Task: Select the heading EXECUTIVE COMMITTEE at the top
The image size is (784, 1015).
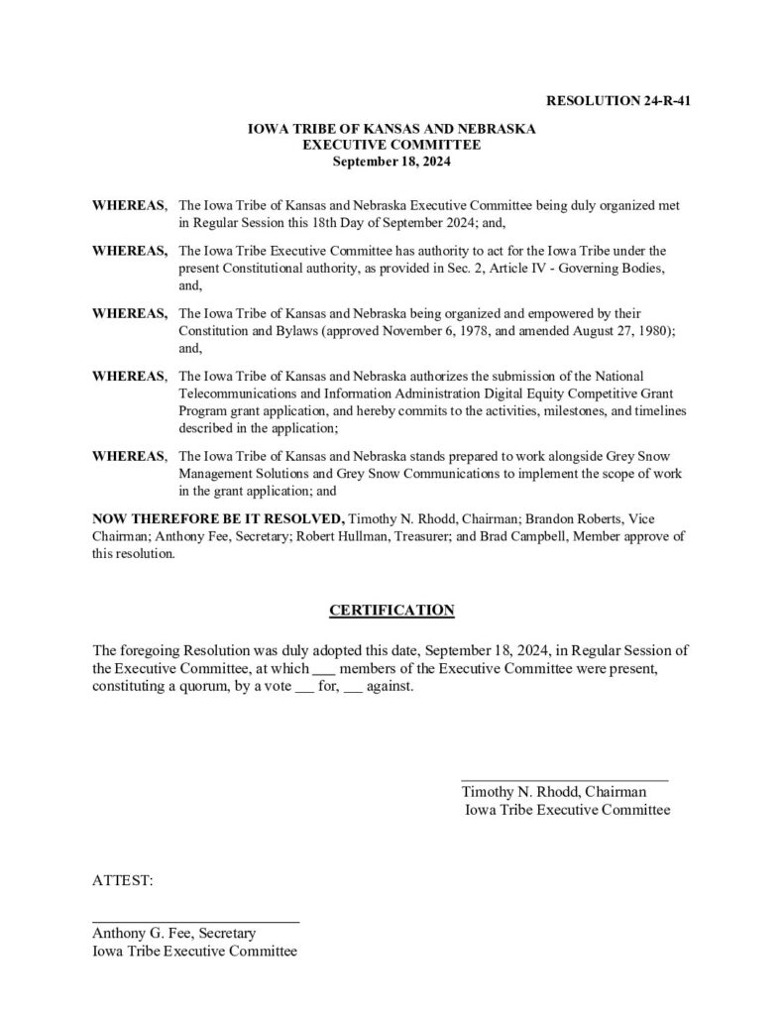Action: coord(392,145)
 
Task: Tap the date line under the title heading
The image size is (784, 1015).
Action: coord(392,160)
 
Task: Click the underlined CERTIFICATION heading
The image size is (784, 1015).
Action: coord(392,610)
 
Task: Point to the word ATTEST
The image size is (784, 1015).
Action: coord(123,879)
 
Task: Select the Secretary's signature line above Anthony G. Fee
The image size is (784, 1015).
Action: coord(195,922)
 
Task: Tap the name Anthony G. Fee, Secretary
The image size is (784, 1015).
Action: coord(174,934)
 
